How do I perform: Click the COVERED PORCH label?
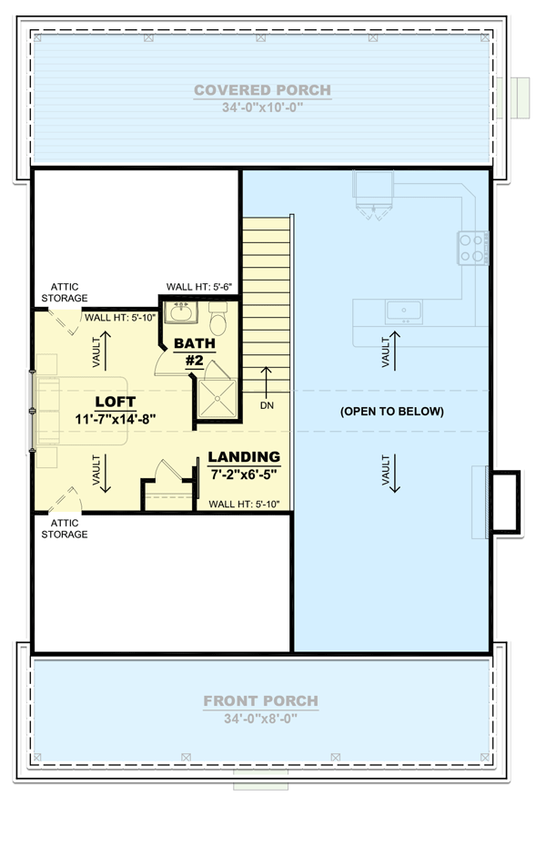pyautogui.click(x=262, y=90)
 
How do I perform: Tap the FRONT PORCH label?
pyautogui.click(x=260, y=701)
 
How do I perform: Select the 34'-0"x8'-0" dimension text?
pyautogui.click(x=260, y=718)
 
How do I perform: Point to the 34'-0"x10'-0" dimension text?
pyautogui.click(x=262, y=107)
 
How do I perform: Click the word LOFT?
pyautogui.click(x=116, y=402)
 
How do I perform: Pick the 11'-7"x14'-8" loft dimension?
pyautogui.click(x=116, y=419)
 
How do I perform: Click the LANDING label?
pyautogui.click(x=244, y=457)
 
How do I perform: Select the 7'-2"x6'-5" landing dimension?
pyautogui.click(x=244, y=475)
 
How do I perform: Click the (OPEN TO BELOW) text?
pyautogui.click(x=392, y=412)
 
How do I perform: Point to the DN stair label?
pyautogui.click(x=267, y=403)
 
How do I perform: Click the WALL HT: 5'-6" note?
pyautogui.click(x=200, y=287)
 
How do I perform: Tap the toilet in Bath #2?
pyautogui.click(x=218, y=321)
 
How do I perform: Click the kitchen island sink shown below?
pyautogui.click(x=402, y=311)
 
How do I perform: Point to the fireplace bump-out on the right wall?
pyautogui.click(x=504, y=501)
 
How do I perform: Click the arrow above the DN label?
pyautogui.click(x=267, y=379)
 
